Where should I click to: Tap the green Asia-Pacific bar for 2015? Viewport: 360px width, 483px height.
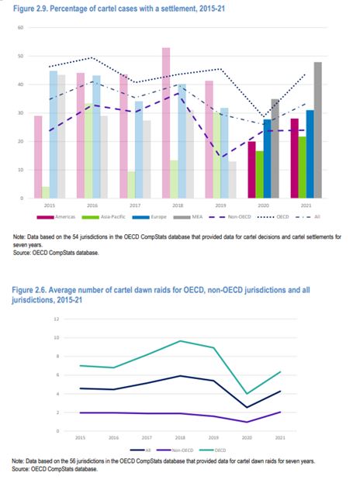(x=46, y=192)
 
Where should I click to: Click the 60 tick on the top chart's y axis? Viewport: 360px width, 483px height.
(x=21, y=27)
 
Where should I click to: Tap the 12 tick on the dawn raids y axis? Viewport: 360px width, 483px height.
(x=57, y=319)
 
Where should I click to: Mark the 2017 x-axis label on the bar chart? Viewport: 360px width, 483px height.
(x=136, y=205)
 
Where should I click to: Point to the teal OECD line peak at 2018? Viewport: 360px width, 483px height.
(x=181, y=341)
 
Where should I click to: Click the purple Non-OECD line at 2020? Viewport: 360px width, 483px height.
(x=246, y=422)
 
